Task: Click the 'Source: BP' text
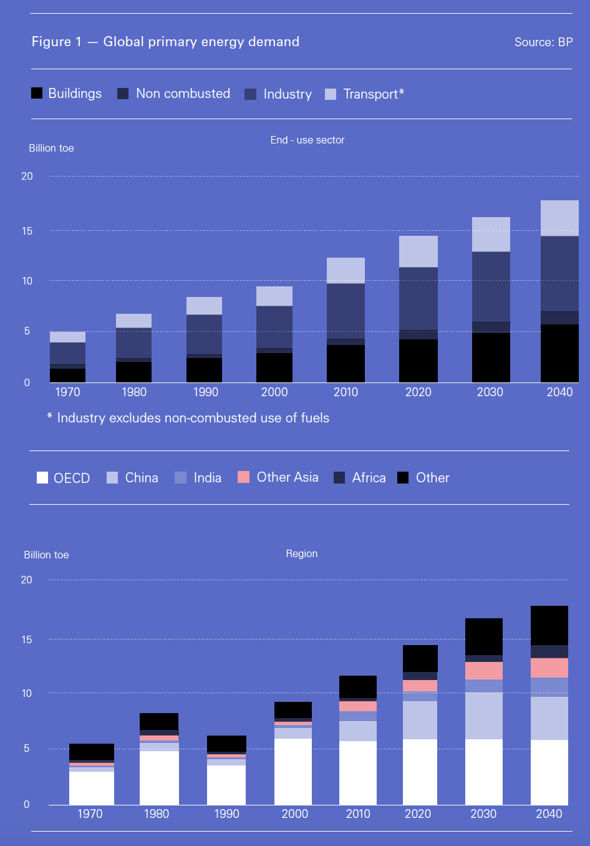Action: tap(543, 42)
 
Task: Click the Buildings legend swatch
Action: tap(37, 93)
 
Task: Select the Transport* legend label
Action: tap(374, 94)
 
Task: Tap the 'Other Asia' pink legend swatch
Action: tap(243, 477)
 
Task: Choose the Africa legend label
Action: tap(369, 478)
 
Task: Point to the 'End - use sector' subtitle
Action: tap(307, 140)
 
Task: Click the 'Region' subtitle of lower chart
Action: tap(302, 554)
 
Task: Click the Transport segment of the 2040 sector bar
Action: tap(559, 218)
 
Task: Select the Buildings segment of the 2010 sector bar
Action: tap(346, 363)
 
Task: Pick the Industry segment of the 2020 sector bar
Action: tap(418, 298)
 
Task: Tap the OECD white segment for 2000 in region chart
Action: tap(293, 771)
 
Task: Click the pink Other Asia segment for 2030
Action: tap(484, 671)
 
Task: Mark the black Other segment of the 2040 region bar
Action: tap(549, 625)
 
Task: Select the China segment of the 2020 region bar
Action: tap(420, 720)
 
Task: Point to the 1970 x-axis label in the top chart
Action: tap(67, 392)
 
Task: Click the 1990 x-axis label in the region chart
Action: tap(226, 814)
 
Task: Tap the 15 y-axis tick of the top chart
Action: tap(27, 231)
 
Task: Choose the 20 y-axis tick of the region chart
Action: tap(26, 580)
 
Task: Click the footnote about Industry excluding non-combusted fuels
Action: tap(188, 418)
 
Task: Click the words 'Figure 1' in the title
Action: tap(56, 42)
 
